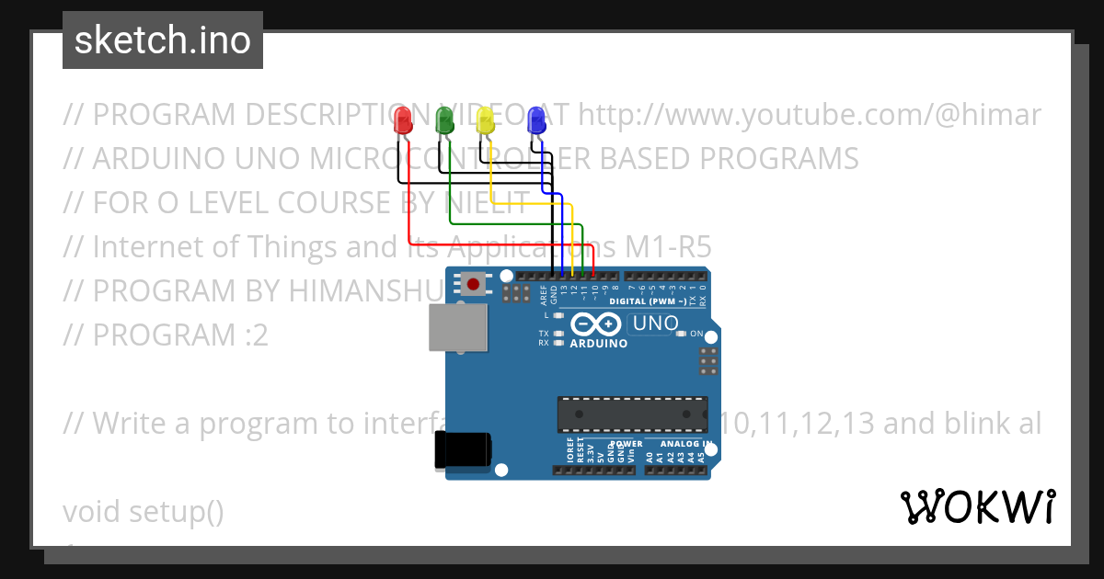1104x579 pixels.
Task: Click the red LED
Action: coord(402,121)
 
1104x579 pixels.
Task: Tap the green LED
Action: coord(444,120)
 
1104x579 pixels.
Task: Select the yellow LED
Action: coord(486,120)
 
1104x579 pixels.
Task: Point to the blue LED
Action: coord(535,120)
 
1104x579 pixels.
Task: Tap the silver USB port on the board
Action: coord(457,327)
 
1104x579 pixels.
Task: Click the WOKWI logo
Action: coord(977,506)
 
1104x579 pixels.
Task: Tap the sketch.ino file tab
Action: coord(163,40)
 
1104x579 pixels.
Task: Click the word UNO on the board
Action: coord(656,324)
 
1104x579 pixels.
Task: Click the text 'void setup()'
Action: coord(144,512)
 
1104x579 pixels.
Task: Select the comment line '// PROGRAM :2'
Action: coord(166,335)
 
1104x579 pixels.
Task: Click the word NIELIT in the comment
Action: coord(488,203)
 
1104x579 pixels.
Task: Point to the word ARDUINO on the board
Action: coord(598,344)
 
